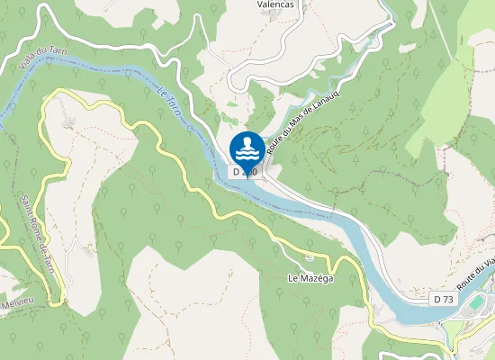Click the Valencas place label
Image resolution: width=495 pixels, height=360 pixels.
tap(276, 4)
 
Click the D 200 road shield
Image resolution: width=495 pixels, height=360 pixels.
tap(244, 171)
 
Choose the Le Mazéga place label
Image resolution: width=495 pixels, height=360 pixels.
tap(310, 278)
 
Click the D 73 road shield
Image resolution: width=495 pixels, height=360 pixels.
tap(442, 298)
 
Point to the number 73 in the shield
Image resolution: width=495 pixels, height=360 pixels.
tap(446, 298)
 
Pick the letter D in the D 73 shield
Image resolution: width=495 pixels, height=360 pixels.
tap(436, 298)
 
